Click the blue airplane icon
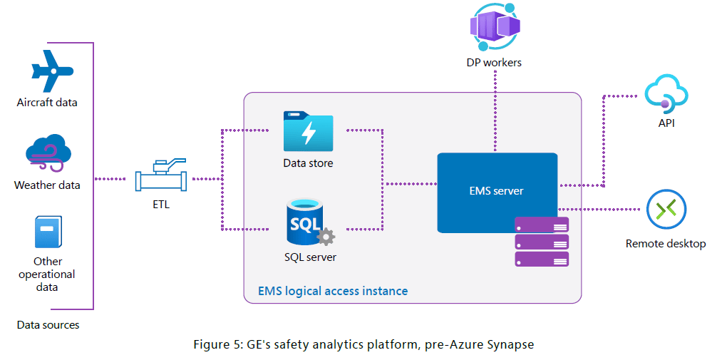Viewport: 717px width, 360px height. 52,71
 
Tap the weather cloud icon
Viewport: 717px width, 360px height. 48,153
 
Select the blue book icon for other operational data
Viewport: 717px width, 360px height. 48,232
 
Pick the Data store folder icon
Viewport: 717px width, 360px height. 308,131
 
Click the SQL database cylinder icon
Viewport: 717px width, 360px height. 305,221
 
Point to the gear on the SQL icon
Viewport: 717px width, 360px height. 326,237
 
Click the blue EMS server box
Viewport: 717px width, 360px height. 497,192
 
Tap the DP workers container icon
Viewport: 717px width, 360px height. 495,26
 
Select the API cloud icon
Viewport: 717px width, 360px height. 666,93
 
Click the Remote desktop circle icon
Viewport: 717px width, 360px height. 666,210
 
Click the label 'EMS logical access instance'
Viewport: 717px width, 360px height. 333,291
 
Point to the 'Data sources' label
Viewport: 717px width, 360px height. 48,325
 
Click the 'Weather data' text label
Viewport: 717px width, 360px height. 47,185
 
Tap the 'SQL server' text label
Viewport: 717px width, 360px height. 310,257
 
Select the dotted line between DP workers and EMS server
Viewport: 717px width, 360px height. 495,111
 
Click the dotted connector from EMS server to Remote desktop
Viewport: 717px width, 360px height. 599,210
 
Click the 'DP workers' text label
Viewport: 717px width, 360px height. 494,63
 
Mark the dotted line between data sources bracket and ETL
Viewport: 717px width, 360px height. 110,179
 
